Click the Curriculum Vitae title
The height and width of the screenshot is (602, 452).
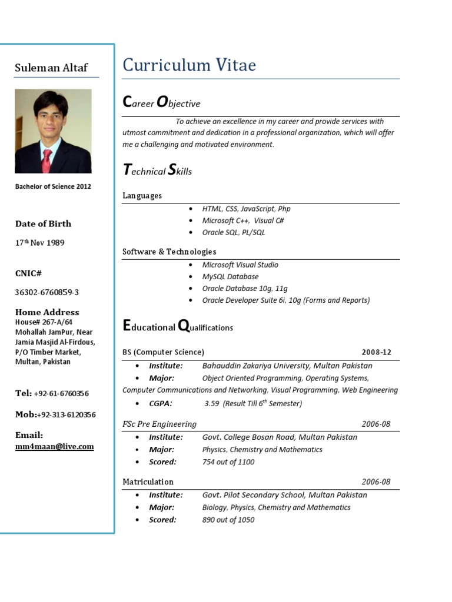tap(189, 65)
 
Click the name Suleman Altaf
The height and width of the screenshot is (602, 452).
tap(51, 68)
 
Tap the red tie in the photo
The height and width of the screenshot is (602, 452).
tap(47, 157)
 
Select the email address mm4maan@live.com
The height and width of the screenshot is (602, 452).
tap(54, 447)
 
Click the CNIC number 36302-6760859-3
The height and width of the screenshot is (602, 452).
tap(47, 292)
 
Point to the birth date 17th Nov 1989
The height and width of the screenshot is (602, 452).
tap(40, 242)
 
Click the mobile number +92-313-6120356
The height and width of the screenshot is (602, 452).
tap(66, 414)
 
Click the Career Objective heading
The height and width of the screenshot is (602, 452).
tap(161, 103)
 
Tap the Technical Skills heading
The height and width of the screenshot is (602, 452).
tap(157, 171)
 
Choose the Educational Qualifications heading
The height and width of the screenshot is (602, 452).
tap(178, 327)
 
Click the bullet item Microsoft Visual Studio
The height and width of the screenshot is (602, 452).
tap(240, 265)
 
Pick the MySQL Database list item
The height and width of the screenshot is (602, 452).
tap(230, 277)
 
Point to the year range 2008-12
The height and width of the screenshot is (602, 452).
tap(376, 352)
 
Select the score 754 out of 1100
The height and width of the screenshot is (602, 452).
tap(228, 462)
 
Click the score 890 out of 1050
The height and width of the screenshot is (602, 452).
tap(228, 520)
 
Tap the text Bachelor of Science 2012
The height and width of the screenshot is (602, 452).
tap(53, 187)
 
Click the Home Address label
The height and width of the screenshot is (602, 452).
tap(47, 312)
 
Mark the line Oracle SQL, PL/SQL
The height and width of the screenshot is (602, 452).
tap(234, 233)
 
